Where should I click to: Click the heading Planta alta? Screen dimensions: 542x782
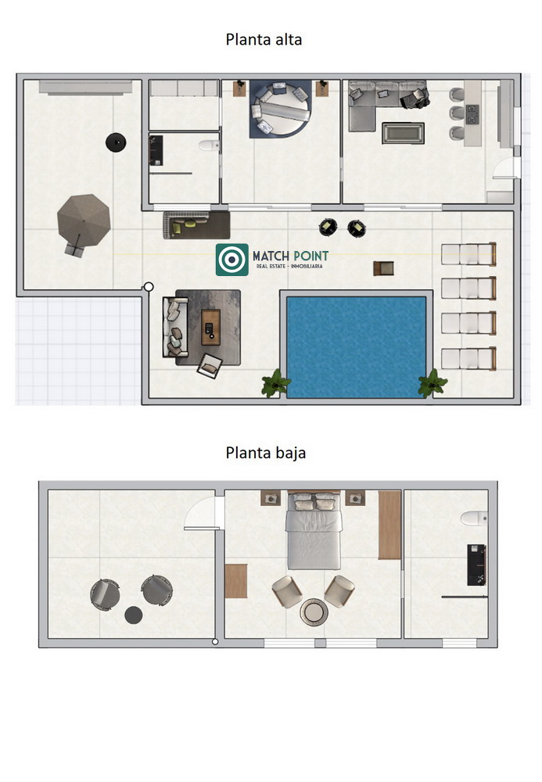264,39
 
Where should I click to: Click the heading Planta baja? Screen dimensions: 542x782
266,453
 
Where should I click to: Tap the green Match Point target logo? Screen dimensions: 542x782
232,260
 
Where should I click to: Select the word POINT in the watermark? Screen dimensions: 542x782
311,256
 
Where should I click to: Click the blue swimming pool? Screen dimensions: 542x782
356,347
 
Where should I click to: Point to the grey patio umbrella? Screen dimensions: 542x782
83,221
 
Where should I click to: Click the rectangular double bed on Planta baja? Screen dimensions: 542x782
314,531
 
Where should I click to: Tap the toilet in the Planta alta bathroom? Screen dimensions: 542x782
208,145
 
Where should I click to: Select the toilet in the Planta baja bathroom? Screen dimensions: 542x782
474,518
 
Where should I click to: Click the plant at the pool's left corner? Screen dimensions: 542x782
275,384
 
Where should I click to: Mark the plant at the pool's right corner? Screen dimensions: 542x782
433,383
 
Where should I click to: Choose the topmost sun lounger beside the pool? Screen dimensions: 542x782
468,254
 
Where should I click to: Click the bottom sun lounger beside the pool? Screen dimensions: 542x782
468,359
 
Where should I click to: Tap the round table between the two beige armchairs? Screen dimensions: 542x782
314,612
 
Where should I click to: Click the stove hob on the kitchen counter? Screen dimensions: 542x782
472,114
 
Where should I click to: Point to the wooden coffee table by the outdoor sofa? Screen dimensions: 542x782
210,327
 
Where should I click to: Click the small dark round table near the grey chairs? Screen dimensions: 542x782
134,615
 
